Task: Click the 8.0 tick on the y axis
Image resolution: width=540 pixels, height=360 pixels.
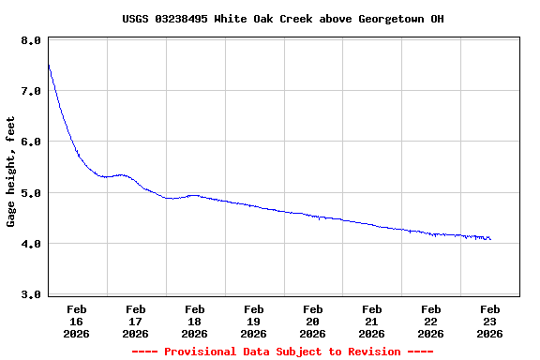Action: click(x=30, y=41)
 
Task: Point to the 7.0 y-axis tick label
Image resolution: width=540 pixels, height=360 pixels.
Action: click(x=30, y=92)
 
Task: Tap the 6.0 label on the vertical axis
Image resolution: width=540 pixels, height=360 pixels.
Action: click(x=30, y=142)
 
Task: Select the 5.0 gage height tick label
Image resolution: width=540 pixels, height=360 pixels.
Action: click(x=30, y=193)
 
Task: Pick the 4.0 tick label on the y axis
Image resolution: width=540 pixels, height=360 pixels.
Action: click(x=30, y=244)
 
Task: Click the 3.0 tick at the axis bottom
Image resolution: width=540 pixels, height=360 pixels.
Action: click(x=30, y=294)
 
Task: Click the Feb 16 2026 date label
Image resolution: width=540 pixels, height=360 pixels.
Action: click(x=77, y=321)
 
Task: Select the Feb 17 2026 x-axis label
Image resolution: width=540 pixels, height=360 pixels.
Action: click(x=136, y=321)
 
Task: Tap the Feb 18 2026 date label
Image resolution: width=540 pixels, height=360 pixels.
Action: click(x=195, y=321)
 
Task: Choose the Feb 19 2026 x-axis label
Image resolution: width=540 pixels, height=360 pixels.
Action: click(x=254, y=321)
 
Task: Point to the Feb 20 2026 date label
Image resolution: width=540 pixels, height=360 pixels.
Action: click(x=313, y=321)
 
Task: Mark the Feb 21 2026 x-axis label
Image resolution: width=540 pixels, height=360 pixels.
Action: click(x=372, y=321)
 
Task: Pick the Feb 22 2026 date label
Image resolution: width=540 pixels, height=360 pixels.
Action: click(x=431, y=321)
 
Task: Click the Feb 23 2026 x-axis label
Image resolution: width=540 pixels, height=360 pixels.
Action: click(x=490, y=321)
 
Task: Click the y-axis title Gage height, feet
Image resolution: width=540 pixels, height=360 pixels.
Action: click(x=11, y=172)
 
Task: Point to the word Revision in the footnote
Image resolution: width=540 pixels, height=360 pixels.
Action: click(x=375, y=352)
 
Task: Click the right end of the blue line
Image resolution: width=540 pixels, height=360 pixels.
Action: click(x=490, y=239)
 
